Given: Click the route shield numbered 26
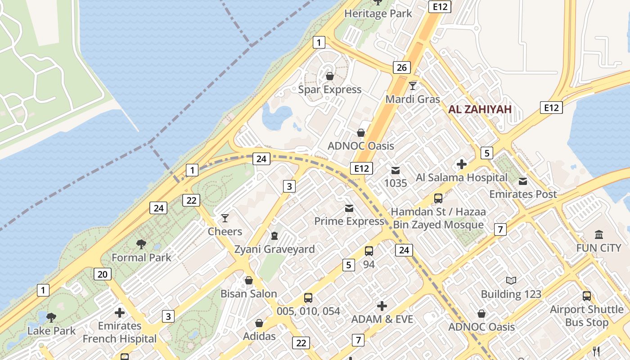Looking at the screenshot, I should tap(401, 67).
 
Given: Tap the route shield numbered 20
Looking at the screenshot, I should tap(103, 274).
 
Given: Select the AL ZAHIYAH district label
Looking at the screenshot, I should tap(480, 109).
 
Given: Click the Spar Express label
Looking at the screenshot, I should tap(330, 89).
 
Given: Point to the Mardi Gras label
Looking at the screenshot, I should tap(413, 99).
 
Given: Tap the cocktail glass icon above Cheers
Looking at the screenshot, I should tap(225, 218).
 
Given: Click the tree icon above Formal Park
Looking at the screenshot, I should tap(141, 244).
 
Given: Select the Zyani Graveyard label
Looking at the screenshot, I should tap(274, 249).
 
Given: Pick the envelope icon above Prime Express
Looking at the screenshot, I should tap(349, 208).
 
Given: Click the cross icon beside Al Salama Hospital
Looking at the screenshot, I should tap(461, 164).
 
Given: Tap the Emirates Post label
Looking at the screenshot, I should tap(523, 194).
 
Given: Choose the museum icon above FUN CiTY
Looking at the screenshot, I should tap(599, 234).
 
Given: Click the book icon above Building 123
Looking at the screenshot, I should tap(511, 281).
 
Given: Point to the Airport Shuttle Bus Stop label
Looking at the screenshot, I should tap(587, 316).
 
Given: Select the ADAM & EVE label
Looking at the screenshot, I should tap(382, 319).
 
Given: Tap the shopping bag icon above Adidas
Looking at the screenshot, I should tap(259, 323).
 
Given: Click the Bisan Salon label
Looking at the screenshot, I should tap(248, 293).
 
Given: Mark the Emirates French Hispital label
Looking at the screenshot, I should tap(120, 332).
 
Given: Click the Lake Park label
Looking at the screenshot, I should tap(51, 331).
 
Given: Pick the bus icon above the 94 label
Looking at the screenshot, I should tap(369, 251).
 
